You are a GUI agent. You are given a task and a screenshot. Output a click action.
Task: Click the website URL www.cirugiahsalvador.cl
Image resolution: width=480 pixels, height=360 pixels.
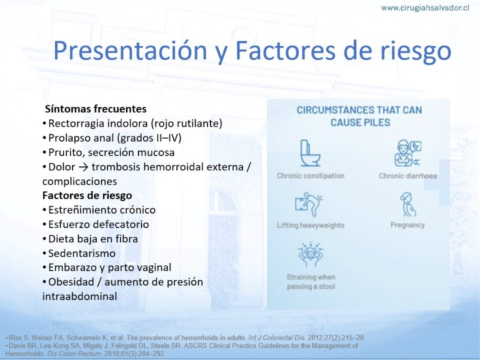click(425, 8)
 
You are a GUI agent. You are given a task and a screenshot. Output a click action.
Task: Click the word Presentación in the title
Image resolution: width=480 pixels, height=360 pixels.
click(130, 50)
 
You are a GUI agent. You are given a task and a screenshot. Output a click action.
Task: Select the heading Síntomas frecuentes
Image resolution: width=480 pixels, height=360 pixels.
click(96, 109)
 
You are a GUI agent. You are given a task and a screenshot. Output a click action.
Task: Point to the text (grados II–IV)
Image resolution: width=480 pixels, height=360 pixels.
click(149, 138)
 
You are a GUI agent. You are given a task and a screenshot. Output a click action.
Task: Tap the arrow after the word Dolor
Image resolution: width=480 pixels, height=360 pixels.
click(83, 167)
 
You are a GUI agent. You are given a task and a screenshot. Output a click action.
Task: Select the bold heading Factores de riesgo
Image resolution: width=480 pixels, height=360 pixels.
click(87, 196)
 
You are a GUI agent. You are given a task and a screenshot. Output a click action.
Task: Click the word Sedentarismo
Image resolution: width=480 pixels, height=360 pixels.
click(82, 253)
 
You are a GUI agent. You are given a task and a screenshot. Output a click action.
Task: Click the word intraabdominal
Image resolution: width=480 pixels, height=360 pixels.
click(80, 296)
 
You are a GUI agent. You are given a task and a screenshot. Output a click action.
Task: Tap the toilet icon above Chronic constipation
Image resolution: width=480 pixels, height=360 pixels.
click(310, 154)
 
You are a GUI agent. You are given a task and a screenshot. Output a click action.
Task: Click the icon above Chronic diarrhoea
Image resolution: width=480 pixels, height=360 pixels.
click(407, 154)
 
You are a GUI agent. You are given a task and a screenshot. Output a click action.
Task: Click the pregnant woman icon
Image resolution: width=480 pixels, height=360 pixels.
click(408, 205)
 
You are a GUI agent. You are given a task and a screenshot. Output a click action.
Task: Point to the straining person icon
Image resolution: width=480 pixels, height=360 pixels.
click(311, 254)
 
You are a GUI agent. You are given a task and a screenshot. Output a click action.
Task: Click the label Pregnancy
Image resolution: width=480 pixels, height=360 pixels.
click(407, 226)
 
